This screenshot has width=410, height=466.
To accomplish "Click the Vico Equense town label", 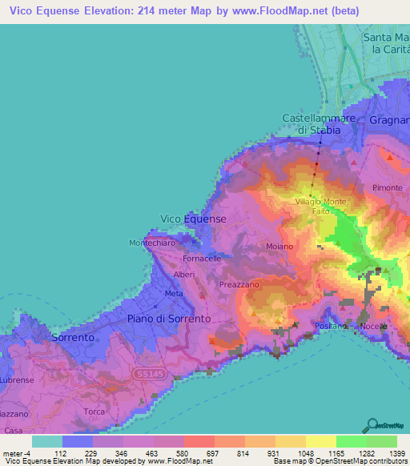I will (x=194, y=219).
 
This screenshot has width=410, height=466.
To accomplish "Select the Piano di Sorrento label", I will (x=169, y=319).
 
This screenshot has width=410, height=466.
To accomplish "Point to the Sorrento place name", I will (x=72, y=338).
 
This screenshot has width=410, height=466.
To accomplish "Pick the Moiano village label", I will (x=279, y=247).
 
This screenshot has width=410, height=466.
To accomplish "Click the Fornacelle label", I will (x=202, y=259).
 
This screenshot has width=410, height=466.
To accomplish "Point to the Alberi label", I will (x=184, y=275).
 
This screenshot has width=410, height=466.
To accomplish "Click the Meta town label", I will (x=173, y=293).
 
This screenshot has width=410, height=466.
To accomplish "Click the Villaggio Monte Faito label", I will (x=320, y=205).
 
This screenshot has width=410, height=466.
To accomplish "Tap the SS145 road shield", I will (x=145, y=375).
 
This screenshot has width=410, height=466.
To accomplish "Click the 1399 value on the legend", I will (x=395, y=453).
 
